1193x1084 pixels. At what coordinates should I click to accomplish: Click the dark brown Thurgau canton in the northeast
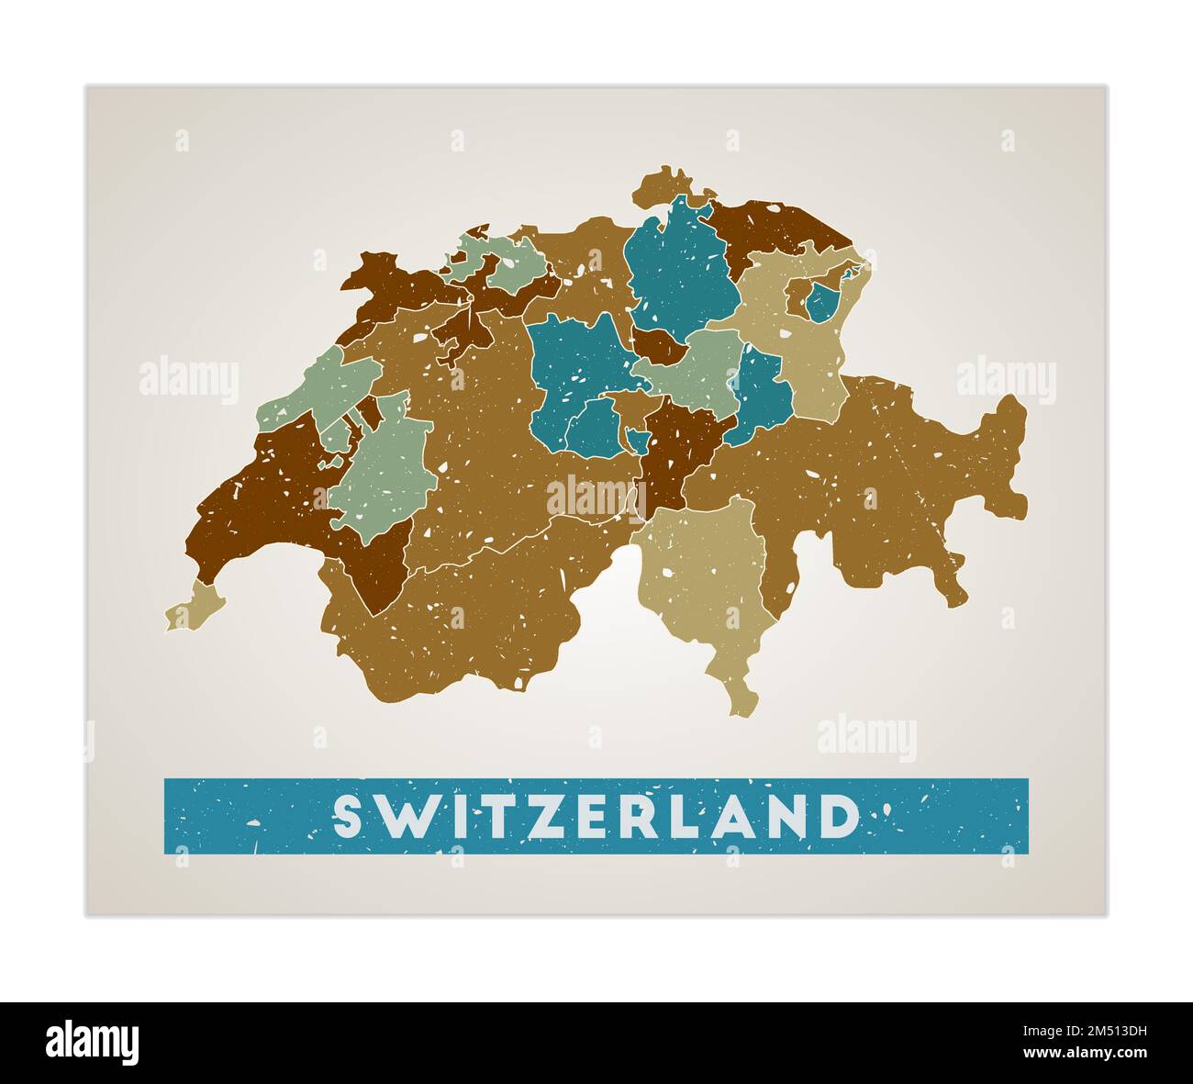[780, 225]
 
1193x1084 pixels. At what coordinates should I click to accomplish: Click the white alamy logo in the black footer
[93, 1043]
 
